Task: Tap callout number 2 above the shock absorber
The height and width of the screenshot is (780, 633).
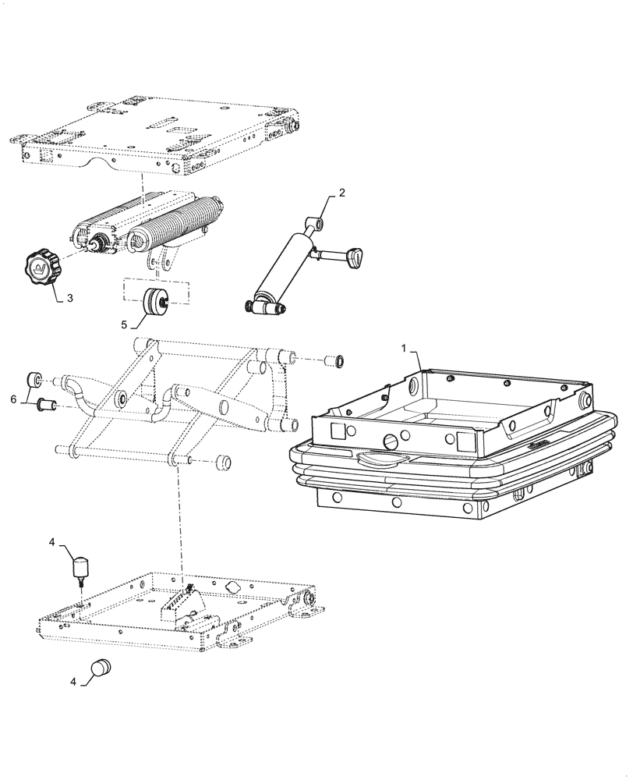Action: (341, 193)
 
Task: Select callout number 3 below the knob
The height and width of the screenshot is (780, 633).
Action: (70, 298)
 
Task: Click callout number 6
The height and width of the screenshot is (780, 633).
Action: (12, 399)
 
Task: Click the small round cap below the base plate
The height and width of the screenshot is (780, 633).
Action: (100, 667)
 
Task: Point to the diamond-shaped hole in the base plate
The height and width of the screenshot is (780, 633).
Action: (233, 587)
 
